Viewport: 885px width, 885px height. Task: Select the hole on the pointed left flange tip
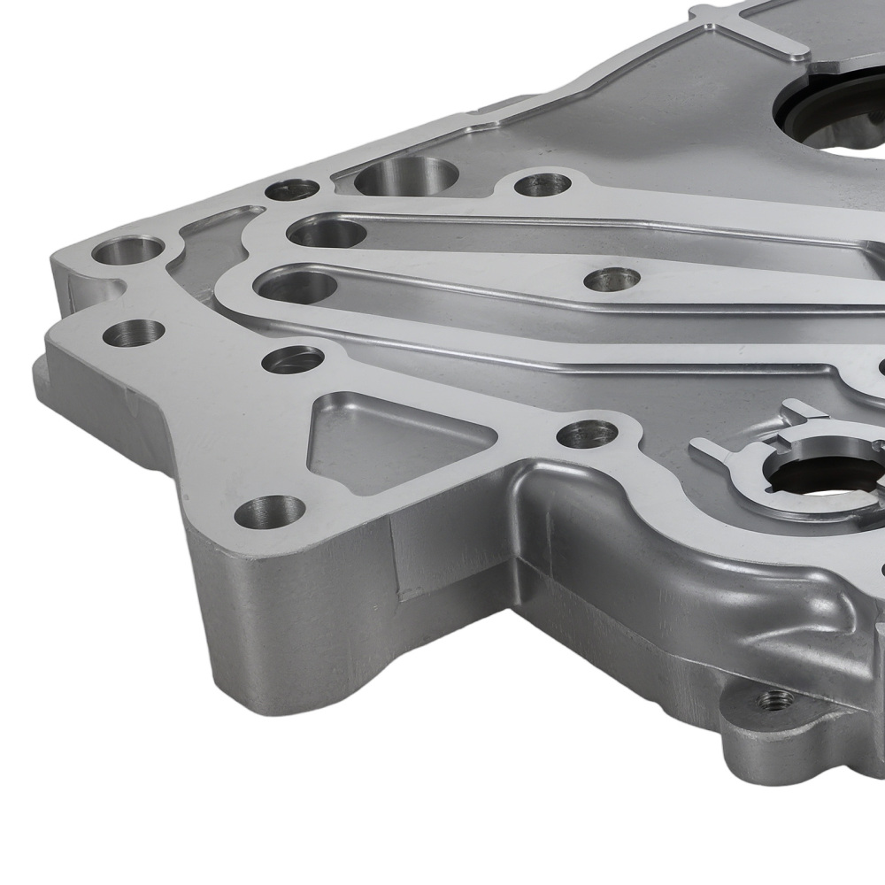(134, 333)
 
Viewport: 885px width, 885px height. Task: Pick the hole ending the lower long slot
(296, 286)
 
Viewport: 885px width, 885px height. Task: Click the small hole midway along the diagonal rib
(612, 279)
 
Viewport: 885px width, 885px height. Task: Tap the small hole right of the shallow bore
(542, 184)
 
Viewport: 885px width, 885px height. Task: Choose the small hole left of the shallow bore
(291, 189)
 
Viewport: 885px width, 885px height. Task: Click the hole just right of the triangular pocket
(587, 433)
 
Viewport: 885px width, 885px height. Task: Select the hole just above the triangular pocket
(293, 358)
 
